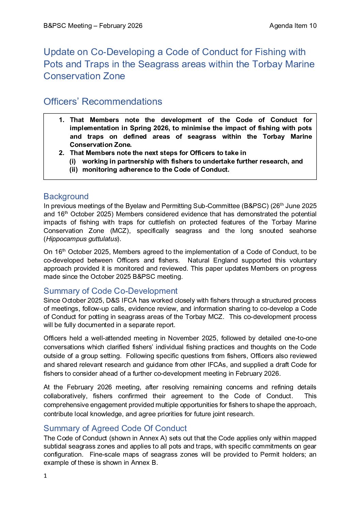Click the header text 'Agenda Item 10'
(x=293, y=26)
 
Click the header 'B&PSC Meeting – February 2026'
(x=93, y=26)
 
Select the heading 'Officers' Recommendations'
(x=103, y=102)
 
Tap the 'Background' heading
(x=66, y=197)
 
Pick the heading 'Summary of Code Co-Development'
(x=111, y=291)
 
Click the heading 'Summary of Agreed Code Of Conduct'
(x=115, y=428)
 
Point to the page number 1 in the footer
(x=45, y=476)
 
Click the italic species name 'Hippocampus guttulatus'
(x=82, y=239)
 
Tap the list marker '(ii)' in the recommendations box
(x=73, y=170)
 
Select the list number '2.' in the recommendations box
(x=62, y=153)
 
